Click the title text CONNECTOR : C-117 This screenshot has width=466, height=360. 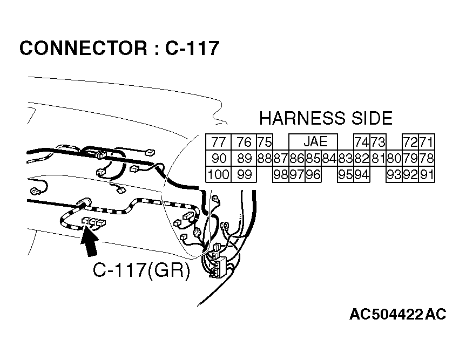point(119,49)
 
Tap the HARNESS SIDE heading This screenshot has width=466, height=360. point(326,118)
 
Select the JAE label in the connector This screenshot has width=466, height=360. point(315,141)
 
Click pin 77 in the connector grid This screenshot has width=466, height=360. point(218,142)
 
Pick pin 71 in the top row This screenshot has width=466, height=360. point(427,142)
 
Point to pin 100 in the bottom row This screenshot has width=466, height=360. point(218,174)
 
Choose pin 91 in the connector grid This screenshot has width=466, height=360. point(427,174)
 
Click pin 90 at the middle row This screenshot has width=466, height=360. point(218,159)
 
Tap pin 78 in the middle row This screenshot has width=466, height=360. point(427,159)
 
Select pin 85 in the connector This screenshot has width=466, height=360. point(313,159)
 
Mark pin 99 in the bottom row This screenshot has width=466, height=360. point(244,174)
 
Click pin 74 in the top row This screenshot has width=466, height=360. point(361,142)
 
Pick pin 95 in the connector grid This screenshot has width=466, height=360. point(346,174)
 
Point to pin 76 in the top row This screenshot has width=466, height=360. point(244,142)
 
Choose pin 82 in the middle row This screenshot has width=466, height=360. point(361,159)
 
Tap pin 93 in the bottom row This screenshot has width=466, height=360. point(394,174)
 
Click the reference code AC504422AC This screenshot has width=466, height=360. point(397,315)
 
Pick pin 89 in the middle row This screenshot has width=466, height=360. point(244,159)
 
